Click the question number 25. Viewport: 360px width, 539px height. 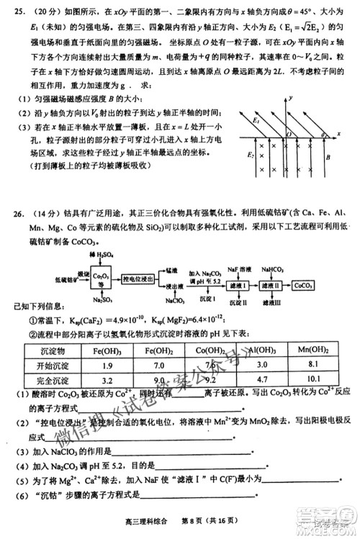click(x=21, y=12)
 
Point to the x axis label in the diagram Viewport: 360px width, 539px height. click(x=338, y=132)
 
